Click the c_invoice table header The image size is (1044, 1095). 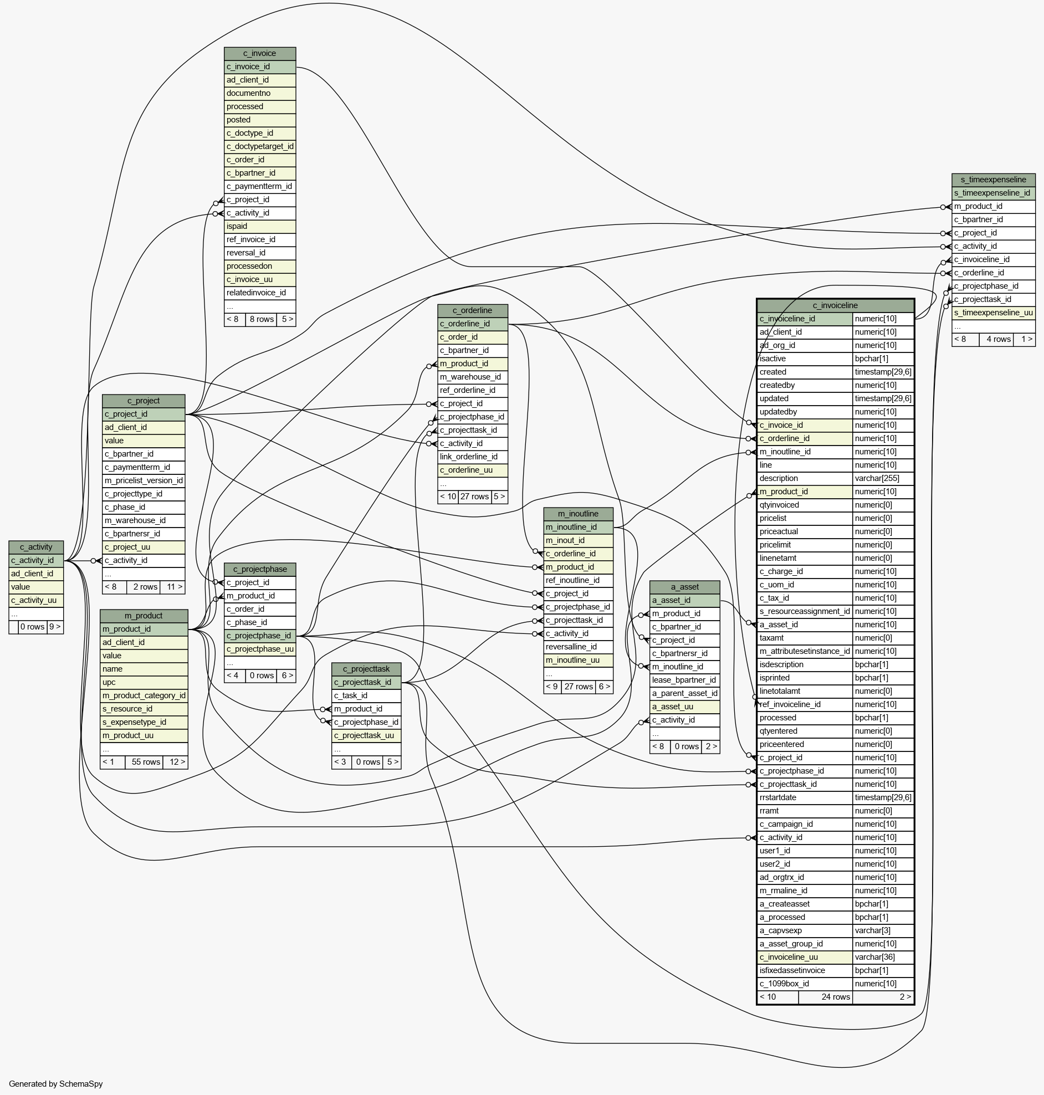click(259, 53)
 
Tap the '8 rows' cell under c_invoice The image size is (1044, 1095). click(261, 319)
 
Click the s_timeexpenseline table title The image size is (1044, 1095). click(993, 180)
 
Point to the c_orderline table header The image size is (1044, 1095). click(472, 310)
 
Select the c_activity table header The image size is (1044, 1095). click(36, 547)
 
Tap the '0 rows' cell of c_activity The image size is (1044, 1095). click(32, 627)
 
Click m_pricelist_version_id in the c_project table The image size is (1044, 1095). click(144, 481)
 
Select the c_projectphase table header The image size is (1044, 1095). click(260, 569)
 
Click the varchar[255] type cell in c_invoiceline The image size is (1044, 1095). click(882, 478)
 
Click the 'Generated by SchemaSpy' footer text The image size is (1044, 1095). click(55, 1084)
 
